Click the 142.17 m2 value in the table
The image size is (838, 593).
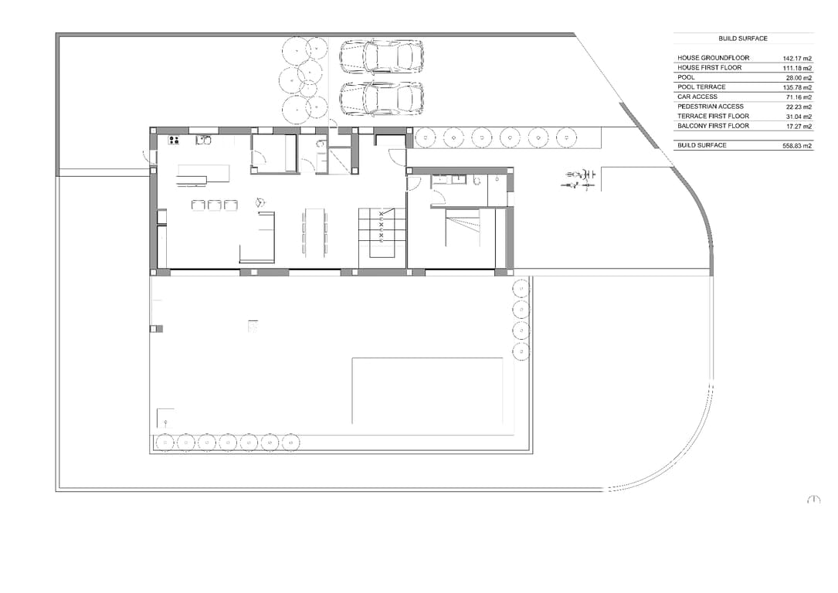click(797, 58)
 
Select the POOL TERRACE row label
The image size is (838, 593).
click(701, 87)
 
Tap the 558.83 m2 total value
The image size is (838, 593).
click(797, 145)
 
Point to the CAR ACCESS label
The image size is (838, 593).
click(697, 97)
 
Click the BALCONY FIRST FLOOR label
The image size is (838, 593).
click(713, 126)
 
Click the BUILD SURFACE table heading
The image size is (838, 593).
click(742, 38)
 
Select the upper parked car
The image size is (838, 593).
click(382, 56)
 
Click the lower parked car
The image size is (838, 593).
click(382, 97)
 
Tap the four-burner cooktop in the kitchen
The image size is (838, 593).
click(174, 140)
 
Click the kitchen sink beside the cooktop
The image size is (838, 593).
click(204, 140)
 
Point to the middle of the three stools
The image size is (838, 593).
click(215, 205)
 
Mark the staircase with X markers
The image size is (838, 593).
click(382, 232)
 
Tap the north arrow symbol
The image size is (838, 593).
click(813, 500)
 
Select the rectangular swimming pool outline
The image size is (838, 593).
click(427, 391)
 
